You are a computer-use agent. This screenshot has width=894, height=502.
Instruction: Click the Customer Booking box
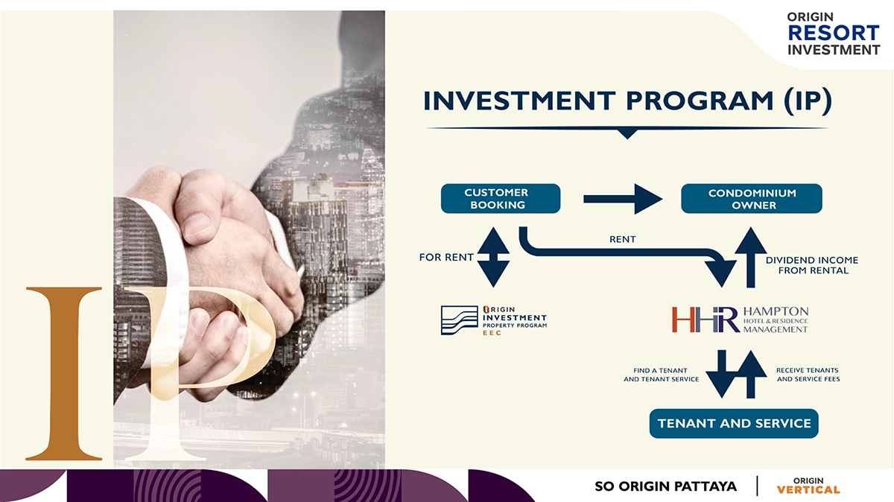(501, 198)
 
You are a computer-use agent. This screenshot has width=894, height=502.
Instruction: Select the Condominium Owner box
(752, 198)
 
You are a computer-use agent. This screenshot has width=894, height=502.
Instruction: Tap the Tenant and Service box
(734, 423)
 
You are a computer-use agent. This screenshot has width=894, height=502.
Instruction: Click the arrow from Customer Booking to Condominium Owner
(623, 199)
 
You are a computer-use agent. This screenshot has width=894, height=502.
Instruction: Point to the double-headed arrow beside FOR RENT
(493, 258)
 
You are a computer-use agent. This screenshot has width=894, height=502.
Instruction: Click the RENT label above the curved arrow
(623, 239)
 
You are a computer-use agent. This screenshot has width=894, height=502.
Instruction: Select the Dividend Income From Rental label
(812, 265)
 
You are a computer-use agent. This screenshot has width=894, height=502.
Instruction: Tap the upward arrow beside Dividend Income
(751, 258)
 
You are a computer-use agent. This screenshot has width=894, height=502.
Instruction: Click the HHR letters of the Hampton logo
(706, 320)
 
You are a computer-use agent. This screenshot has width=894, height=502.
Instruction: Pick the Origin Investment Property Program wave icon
(460, 320)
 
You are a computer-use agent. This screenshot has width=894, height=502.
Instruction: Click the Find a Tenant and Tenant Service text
(661, 375)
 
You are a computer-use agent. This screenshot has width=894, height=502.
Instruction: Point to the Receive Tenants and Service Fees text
(808, 375)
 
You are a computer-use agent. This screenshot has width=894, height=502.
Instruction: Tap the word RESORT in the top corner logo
(834, 33)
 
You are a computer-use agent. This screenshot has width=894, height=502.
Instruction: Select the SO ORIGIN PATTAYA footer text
(666, 486)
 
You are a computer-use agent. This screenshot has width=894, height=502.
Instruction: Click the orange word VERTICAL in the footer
(808, 489)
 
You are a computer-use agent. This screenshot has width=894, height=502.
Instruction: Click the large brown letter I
(64, 373)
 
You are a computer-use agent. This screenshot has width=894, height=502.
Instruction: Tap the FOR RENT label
(446, 258)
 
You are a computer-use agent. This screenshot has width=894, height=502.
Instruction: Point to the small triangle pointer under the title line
(627, 133)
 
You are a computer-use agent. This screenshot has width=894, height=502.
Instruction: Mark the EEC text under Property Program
(492, 333)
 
